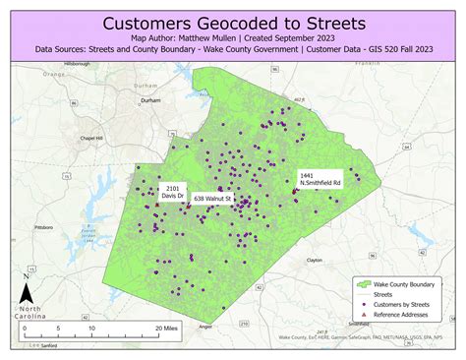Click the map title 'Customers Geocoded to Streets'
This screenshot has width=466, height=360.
[233, 21]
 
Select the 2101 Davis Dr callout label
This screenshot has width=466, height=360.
[173, 191]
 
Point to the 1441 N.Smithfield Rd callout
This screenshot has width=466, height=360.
[321, 178]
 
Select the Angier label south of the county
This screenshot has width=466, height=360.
[205, 325]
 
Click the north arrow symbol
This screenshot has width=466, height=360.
[28, 292]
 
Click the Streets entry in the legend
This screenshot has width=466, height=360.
[383, 293]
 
